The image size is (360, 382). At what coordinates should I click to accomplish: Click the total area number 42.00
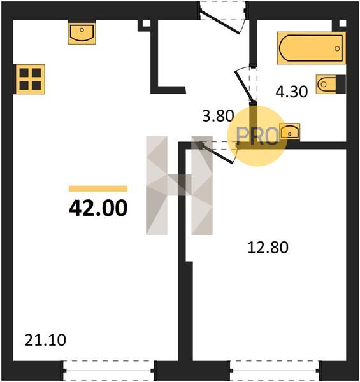(x=98, y=209)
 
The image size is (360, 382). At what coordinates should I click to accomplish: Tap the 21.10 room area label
(x=45, y=340)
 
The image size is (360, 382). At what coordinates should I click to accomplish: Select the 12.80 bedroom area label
(x=268, y=248)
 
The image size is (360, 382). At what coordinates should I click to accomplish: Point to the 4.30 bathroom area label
(x=292, y=92)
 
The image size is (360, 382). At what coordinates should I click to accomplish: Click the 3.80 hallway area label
(x=218, y=116)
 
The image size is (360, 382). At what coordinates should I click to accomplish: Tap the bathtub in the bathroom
(x=312, y=48)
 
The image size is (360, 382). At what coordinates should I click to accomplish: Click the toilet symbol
(x=331, y=84)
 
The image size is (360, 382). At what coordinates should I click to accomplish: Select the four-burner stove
(x=30, y=79)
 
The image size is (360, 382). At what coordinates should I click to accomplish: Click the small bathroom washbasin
(x=289, y=132)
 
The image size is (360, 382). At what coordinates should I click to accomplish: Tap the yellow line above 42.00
(x=98, y=189)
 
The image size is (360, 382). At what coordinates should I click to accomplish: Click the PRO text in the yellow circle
(x=257, y=136)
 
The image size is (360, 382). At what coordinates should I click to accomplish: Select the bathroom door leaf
(x=244, y=86)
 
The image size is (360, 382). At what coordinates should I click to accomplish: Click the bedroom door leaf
(x=217, y=153)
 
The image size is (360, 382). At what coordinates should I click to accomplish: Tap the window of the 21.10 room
(x=109, y=371)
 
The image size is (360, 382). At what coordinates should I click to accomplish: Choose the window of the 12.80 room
(x=275, y=371)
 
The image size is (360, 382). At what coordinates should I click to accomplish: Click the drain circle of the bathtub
(x=337, y=48)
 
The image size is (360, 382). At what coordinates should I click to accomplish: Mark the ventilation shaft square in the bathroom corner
(x=342, y=24)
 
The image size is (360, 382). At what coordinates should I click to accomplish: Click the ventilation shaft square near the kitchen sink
(x=146, y=24)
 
